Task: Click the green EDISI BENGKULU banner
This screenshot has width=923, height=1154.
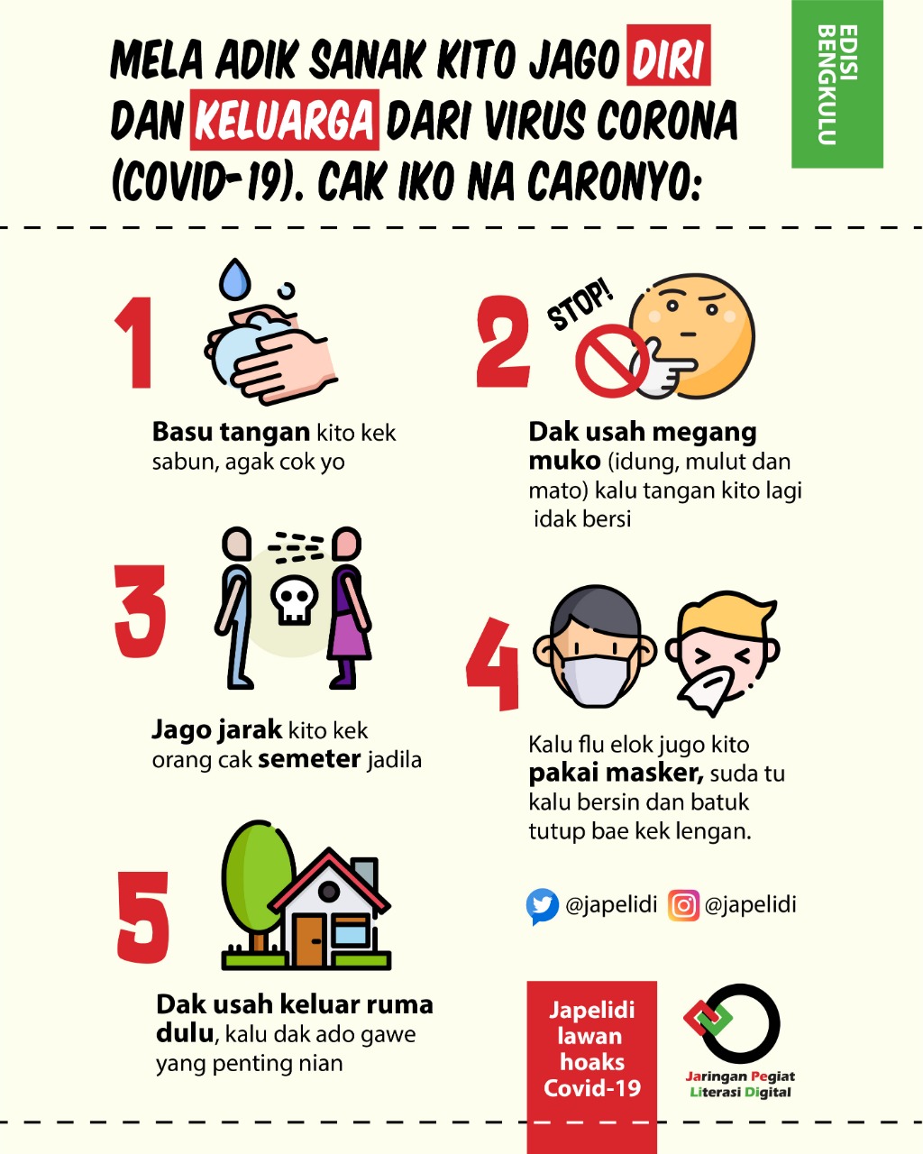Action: click(x=836, y=84)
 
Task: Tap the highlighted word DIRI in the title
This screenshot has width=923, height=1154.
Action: click(x=669, y=55)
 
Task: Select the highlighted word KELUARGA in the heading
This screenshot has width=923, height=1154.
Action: click(x=284, y=120)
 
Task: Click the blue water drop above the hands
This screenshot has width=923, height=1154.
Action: click(x=235, y=279)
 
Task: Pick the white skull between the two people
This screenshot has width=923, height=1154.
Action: click(x=294, y=600)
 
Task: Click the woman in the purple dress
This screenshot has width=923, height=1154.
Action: click(x=349, y=608)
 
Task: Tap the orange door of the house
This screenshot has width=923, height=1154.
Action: click(x=309, y=940)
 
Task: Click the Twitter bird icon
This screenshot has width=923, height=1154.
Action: click(x=543, y=906)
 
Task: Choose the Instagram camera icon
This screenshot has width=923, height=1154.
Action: click(x=683, y=905)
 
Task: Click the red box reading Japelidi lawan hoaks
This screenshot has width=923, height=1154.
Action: click(x=591, y=1067)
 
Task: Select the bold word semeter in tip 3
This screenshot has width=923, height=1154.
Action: click(x=309, y=759)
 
